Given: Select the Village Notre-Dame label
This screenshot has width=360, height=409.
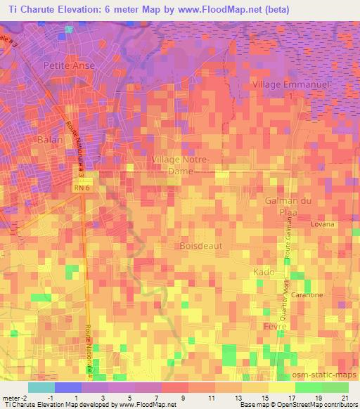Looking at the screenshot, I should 180,166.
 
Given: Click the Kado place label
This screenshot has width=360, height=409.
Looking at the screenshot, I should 262,271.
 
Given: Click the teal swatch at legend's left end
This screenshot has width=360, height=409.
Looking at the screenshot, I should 41,387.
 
